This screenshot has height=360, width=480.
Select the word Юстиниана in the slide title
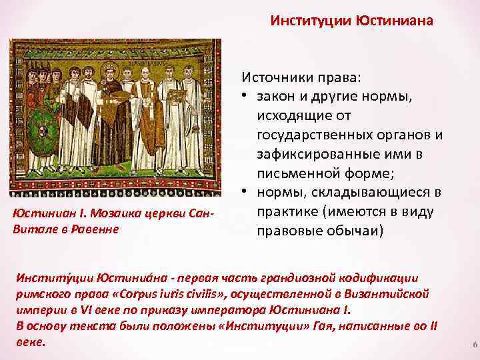coord(401,21)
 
